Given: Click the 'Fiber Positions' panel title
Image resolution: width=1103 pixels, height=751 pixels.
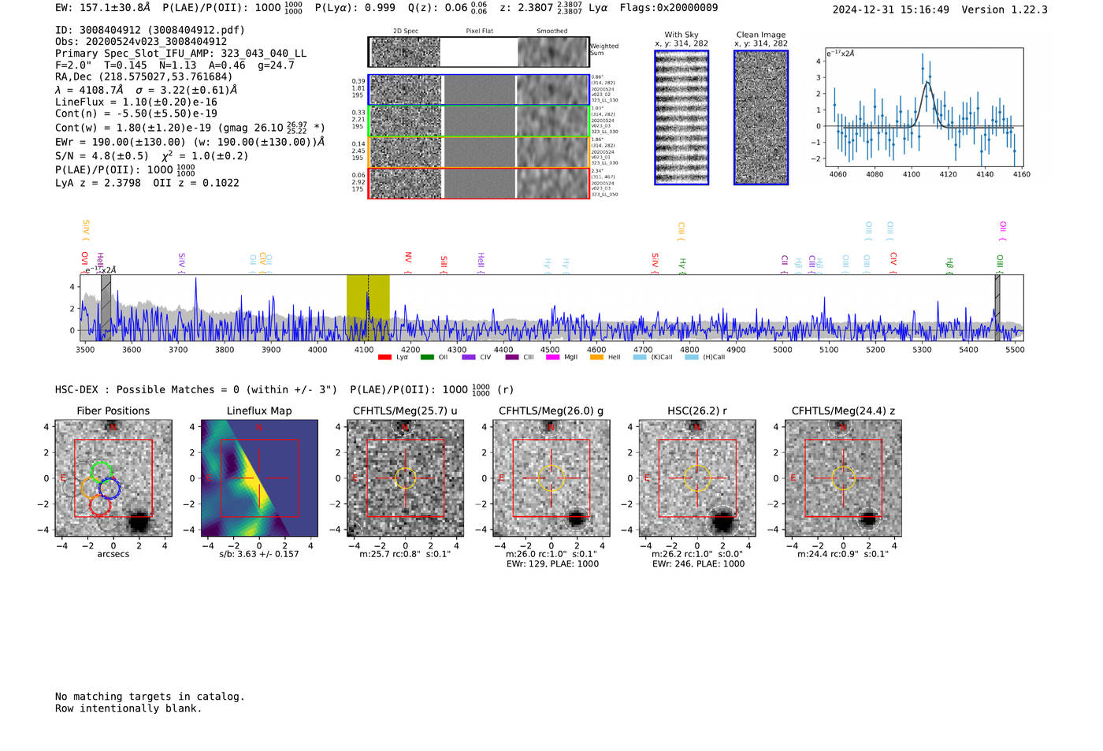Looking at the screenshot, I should [113, 411].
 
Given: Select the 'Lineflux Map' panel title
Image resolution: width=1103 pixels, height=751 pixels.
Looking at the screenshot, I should [259, 411].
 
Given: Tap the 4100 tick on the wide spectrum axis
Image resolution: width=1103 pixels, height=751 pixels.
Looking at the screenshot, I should [364, 349].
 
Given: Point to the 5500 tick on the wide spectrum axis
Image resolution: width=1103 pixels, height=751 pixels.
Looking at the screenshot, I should [1015, 349].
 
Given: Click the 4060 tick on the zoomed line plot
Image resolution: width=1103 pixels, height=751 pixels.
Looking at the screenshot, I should [837, 174].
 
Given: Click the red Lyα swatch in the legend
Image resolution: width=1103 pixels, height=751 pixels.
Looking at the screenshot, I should [384, 358].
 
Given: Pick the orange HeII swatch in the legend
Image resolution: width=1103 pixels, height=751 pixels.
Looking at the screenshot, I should [596, 358].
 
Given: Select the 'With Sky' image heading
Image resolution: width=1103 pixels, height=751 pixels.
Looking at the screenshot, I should [681, 35].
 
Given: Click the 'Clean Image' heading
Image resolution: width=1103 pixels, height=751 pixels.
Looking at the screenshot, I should [761, 35].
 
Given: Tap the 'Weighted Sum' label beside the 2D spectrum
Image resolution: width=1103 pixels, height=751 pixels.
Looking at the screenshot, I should [603, 50].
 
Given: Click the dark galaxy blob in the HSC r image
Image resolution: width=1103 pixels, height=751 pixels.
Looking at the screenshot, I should [722, 520].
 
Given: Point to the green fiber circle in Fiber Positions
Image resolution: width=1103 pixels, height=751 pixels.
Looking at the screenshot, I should [102, 471].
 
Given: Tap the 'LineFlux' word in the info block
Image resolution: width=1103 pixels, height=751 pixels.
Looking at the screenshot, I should [80, 102].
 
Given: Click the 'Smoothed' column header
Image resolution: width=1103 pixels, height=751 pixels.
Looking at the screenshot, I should [551, 32].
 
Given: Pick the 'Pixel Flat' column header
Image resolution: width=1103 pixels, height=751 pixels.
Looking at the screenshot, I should [479, 32].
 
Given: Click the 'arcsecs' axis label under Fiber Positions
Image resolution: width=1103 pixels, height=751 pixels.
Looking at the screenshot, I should [113, 554].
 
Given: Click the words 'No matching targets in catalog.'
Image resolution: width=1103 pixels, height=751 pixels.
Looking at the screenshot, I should [150, 697].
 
